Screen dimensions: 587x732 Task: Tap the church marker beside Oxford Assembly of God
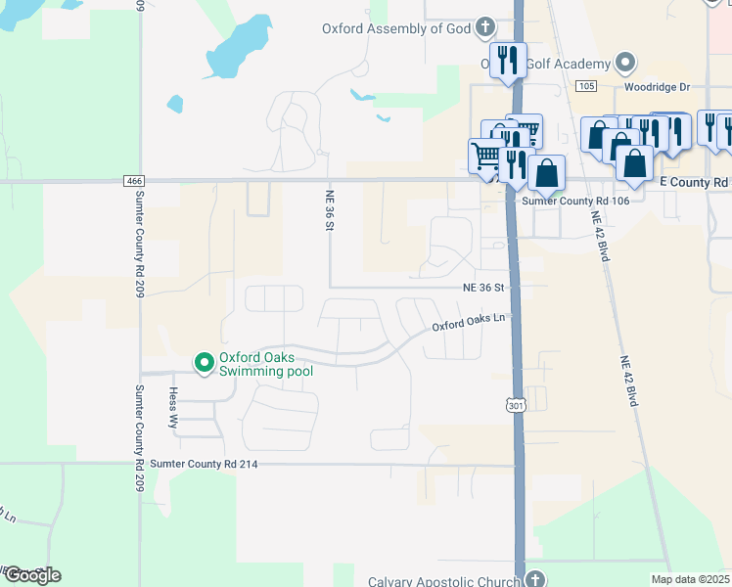click(x=484, y=27)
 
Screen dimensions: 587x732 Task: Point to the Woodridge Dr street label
click(x=660, y=86)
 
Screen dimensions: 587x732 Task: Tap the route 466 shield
click(x=134, y=181)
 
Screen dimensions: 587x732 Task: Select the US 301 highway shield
click(x=516, y=404)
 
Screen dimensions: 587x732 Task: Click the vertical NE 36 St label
click(x=330, y=210)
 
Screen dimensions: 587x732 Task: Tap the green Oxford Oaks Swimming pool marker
click(x=205, y=363)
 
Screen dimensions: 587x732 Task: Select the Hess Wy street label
click(x=173, y=409)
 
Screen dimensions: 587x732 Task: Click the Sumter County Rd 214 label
click(x=205, y=464)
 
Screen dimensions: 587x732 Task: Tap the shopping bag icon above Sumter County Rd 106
click(x=547, y=172)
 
